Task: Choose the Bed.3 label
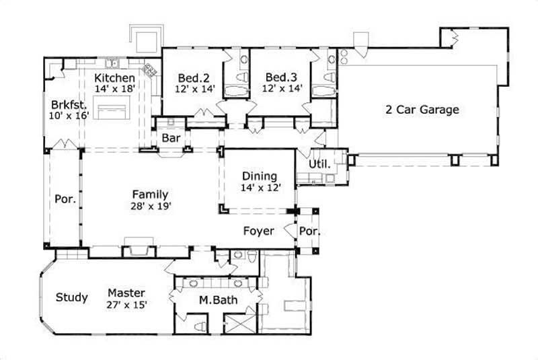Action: (279, 76)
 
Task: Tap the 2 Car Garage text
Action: (422, 109)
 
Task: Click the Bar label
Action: (169, 137)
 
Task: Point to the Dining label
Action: (259, 176)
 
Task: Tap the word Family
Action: (150, 194)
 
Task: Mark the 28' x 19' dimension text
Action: (150, 207)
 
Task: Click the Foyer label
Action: (259, 231)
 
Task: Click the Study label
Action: (71, 297)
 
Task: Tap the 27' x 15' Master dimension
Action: (127, 305)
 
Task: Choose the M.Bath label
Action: (217, 300)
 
